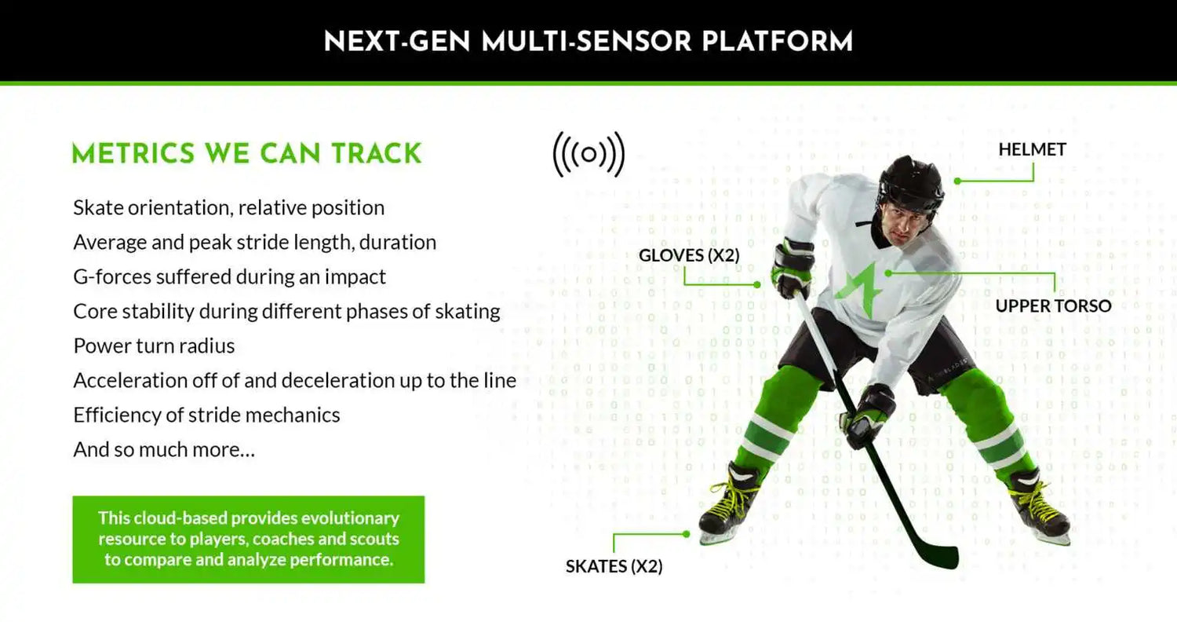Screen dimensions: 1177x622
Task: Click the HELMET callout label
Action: pos(1032,150)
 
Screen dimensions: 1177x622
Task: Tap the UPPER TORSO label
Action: pos(1053,306)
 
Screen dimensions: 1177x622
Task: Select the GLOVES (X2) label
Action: pos(689,255)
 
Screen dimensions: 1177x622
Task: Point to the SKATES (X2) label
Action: pos(614,566)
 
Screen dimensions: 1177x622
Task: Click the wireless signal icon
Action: pos(588,154)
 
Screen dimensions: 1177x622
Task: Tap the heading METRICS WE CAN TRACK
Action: pos(246,153)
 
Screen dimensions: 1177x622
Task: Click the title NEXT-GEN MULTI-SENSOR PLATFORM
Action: pos(588,42)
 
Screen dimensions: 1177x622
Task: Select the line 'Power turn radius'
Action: pos(154,346)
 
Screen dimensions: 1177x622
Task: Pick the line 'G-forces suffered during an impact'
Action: pos(230,277)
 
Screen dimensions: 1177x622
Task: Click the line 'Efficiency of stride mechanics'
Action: pos(206,415)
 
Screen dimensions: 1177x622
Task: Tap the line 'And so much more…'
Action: pos(164,450)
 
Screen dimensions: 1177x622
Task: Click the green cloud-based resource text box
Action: pos(249,540)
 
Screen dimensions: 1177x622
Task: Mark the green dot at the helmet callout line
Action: pos(957,181)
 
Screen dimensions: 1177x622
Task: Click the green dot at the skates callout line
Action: pos(687,534)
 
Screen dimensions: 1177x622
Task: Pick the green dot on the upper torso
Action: pos(888,273)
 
